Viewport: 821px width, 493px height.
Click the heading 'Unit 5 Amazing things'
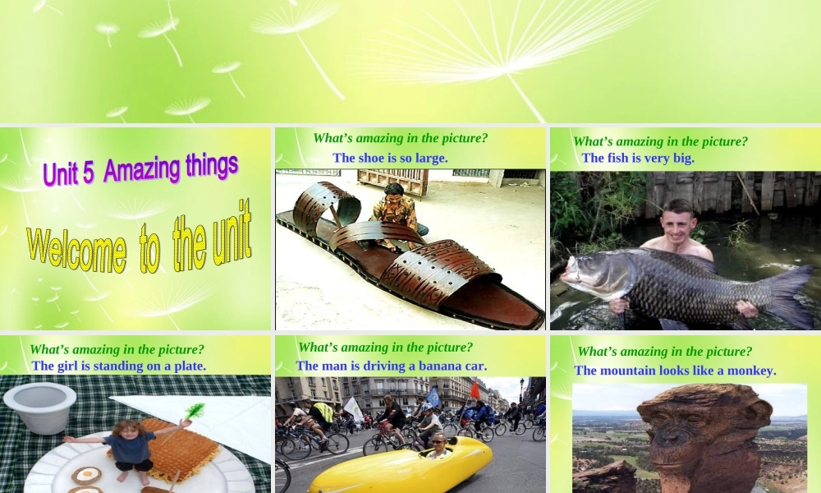(140, 168)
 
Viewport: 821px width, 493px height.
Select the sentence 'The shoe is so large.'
(390, 158)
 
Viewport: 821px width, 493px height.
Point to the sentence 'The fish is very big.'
(638, 158)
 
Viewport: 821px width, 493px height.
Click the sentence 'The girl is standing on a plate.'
(118, 366)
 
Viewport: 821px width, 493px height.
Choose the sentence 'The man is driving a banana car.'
(392, 366)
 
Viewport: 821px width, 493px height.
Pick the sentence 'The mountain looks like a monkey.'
(675, 371)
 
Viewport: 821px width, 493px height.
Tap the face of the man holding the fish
(678, 219)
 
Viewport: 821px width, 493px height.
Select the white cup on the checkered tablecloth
(39, 407)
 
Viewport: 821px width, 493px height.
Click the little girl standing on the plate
(129, 449)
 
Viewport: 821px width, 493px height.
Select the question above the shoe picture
(401, 138)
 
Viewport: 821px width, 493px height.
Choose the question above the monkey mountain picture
(665, 352)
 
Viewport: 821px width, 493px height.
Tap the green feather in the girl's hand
(194, 410)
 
